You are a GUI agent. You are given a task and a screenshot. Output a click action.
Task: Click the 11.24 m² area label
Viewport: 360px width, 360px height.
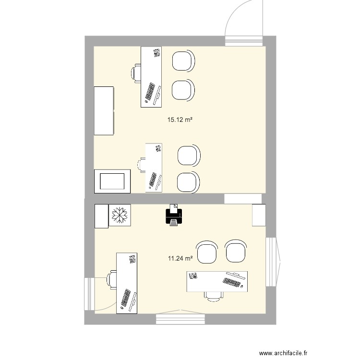click(180, 259)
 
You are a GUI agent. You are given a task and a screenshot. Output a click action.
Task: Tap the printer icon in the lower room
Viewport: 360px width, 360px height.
click(174, 216)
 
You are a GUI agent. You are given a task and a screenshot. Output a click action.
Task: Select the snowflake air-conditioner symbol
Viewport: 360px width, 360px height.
click(120, 216)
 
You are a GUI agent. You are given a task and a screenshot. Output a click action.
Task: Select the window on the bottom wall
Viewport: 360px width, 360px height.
click(180, 318)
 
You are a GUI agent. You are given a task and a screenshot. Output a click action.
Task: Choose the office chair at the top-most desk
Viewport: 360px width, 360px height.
click(136, 73)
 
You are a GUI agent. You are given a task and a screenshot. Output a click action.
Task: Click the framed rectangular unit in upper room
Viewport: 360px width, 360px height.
click(112, 181)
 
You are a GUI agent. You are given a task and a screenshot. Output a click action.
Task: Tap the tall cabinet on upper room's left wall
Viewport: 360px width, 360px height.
click(104, 110)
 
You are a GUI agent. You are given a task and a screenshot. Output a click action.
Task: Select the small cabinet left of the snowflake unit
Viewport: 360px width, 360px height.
click(101, 216)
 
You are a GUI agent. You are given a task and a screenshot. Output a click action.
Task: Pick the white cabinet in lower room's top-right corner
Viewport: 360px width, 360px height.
click(259, 215)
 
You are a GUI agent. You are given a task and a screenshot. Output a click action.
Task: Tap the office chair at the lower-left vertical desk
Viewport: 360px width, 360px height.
click(112, 278)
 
